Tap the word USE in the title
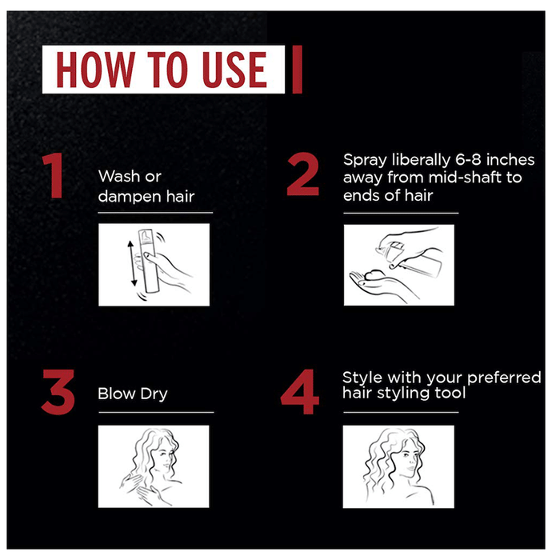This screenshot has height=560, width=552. tap(234, 70)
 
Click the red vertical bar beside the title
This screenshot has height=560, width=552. tap(297, 70)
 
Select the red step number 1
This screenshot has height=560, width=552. tap(54, 175)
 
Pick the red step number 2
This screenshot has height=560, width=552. tap(302, 174)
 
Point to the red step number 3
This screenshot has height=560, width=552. tap(58, 392)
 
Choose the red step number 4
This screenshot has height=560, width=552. tap(299, 392)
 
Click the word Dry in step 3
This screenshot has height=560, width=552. tap(154, 394)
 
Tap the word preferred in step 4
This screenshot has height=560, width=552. tap(504, 378)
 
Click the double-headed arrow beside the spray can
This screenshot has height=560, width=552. tap(132, 263)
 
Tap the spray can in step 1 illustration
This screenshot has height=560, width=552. tap(148, 261)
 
